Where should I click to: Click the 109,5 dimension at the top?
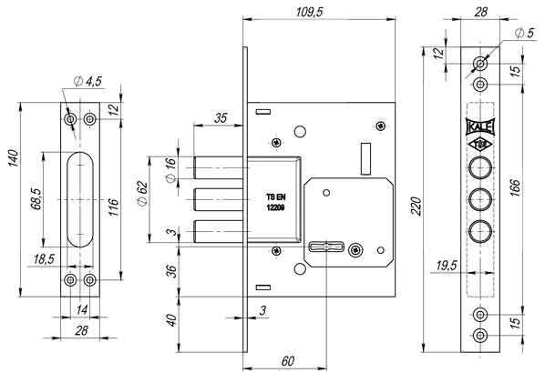coord(309,12)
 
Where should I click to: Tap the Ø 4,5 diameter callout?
coord(87,82)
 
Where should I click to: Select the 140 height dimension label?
coord(13,158)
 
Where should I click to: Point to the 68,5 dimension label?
coord(36,199)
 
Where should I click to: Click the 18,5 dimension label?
coord(44,259)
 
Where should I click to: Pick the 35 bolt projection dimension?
coord(221,118)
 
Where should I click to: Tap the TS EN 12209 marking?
coord(275,202)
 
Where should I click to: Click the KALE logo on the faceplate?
coord(480,127)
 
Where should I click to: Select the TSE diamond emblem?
coord(480,145)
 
